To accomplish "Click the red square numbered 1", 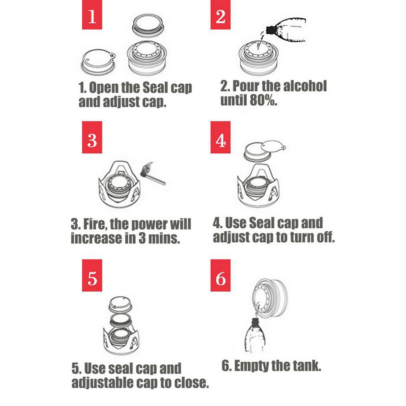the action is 92,14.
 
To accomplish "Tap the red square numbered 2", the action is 221,14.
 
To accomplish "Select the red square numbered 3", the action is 92,137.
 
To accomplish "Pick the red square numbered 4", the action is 221,137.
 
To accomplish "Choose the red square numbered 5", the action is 92,275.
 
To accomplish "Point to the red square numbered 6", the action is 221,275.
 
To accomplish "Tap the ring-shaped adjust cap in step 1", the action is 149,26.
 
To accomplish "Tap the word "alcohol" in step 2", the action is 304,86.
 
